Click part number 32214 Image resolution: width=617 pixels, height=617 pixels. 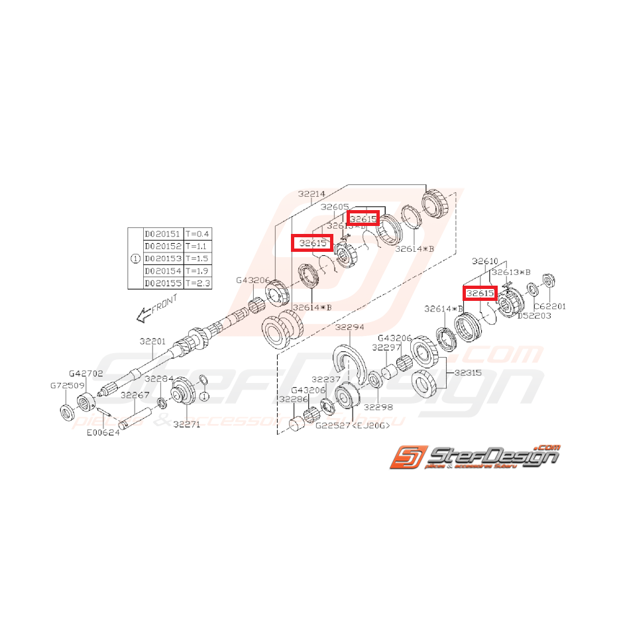coord(311,194)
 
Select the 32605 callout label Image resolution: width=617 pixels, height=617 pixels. coord(334,207)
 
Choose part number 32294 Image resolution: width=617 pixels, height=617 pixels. coord(350,327)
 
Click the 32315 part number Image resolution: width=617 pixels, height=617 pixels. coord(467,372)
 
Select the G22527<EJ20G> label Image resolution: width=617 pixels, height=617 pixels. coord(352,425)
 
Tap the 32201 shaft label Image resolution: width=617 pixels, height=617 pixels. coord(152,341)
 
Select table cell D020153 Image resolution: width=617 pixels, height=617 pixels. coord(163,258)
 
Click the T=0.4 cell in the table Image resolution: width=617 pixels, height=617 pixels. coord(197,233)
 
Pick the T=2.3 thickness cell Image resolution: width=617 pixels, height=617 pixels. coord(197,282)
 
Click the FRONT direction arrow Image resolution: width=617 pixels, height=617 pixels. coord(143,317)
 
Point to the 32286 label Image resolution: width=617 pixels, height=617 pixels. coord(292,400)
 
